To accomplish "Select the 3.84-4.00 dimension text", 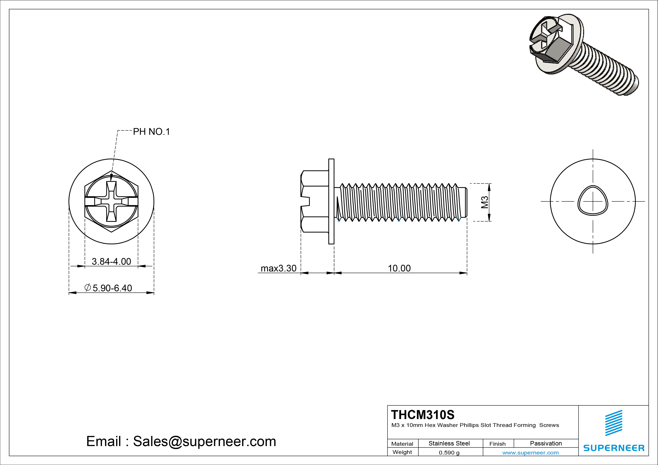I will pos(111,261).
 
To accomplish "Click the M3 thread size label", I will pos(484,202).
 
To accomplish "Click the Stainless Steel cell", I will pos(449,443).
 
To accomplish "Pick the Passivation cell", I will pos(546,443).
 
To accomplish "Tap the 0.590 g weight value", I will pos(449,453).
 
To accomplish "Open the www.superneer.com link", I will pos(530,453).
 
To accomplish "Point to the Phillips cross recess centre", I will pos(111,201).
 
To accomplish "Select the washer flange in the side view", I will pos(331,201).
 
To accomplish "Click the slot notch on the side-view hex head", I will pos(306,201).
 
